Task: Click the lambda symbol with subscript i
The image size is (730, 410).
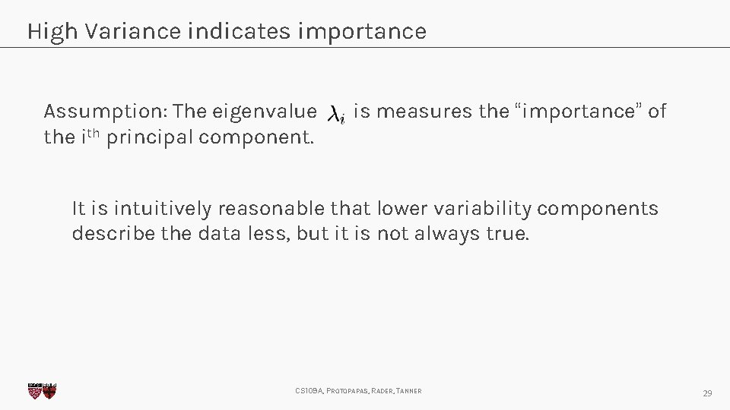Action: [x=336, y=115]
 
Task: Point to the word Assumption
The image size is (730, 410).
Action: [x=87, y=112]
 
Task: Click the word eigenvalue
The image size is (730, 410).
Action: [x=264, y=112]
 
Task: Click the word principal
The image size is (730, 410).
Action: [x=149, y=139]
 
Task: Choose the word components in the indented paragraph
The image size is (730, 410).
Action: [x=598, y=209]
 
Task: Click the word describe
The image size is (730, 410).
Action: [x=113, y=234]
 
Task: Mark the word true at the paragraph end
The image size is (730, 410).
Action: [x=506, y=234]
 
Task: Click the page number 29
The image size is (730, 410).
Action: [x=707, y=393]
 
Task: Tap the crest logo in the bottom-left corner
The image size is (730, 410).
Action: [x=42, y=390]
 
